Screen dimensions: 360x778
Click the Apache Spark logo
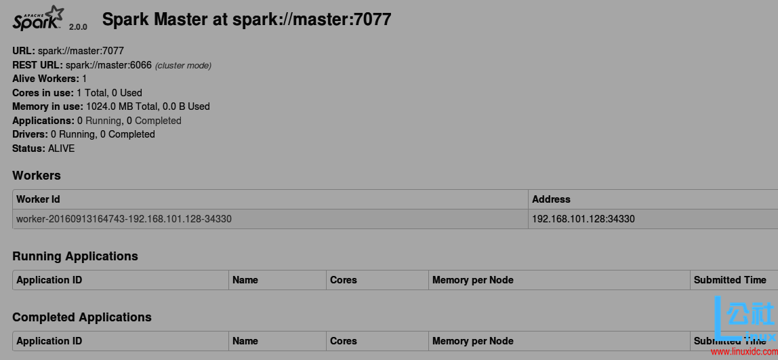[x=38, y=18]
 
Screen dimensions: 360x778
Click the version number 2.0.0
[x=78, y=27]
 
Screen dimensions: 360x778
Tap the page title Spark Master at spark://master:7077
[x=247, y=19]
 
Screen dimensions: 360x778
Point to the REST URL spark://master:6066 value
[x=108, y=65]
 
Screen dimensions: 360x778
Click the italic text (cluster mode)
[x=183, y=66]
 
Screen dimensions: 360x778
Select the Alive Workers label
[x=45, y=79]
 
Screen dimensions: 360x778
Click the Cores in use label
[x=43, y=93]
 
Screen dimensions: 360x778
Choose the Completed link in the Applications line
[x=158, y=121]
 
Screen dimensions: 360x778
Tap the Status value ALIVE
[x=62, y=148]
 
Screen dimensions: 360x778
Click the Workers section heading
[x=37, y=176]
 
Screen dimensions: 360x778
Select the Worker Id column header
[x=38, y=199]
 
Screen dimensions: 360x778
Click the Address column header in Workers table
[x=551, y=199]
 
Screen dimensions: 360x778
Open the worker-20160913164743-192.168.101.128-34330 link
[x=124, y=219]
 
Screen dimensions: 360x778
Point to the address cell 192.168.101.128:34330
[x=583, y=219]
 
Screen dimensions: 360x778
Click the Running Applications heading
[x=75, y=256]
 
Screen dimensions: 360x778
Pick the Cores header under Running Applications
[x=343, y=280]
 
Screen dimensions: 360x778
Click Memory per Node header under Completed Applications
[x=472, y=341]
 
